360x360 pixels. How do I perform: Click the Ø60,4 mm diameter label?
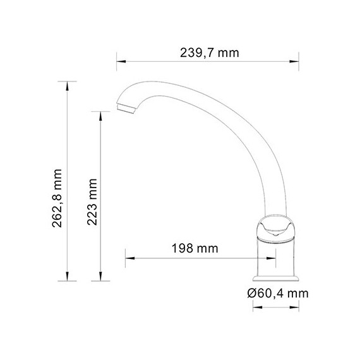click(278, 293)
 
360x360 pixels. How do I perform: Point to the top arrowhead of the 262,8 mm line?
click(67, 84)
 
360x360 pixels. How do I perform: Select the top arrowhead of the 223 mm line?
click(100, 114)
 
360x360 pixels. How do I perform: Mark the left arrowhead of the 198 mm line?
click(128, 257)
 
